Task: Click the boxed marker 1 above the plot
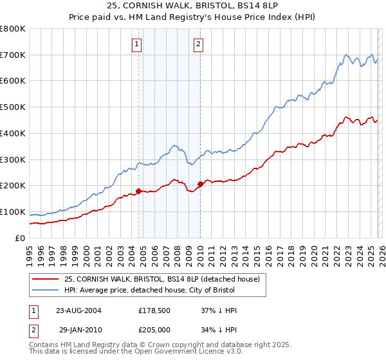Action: tap(138, 44)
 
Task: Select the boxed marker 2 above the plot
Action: tap(198, 44)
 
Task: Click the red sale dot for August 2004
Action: tap(139, 191)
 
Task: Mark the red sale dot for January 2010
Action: tap(200, 184)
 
